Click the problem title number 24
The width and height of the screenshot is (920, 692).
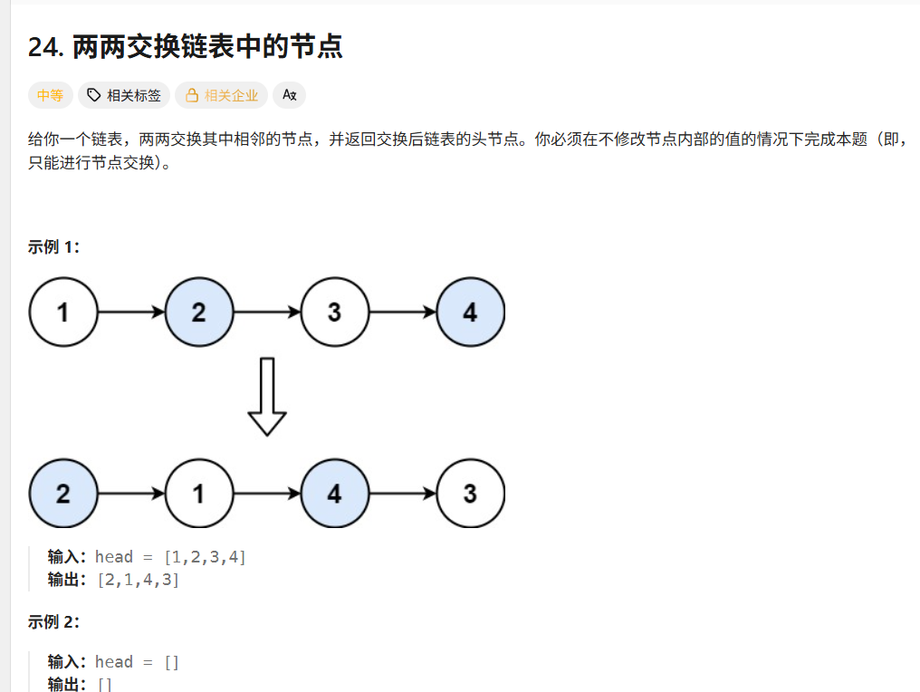pyautogui.click(x=45, y=47)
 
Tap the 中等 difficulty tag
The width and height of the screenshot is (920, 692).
pyautogui.click(x=51, y=95)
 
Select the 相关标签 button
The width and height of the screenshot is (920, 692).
pyautogui.click(x=124, y=95)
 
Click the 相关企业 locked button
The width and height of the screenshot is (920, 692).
pyautogui.click(x=222, y=95)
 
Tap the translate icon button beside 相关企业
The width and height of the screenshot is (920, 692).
pyautogui.click(x=289, y=95)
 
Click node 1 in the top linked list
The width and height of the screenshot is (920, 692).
pyautogui.click(x=63, y=312)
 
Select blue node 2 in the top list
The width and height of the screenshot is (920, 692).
pyautogui.click(x=199, y=312)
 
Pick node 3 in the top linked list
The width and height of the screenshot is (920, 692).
pyautogui.click(x=335, y=312)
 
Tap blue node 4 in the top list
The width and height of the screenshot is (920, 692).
pyautogui.click(x=470, y=312)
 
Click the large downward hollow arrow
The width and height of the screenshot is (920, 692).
pyautogui.click(x=267, y=397)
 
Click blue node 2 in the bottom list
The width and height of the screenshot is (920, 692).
pyautogui.click(x=63, y=494)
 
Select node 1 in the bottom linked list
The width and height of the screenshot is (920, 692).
pyautogui.click(x=199, y=494)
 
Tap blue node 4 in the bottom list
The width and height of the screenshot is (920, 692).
pyautogui.click(x=335, y=494)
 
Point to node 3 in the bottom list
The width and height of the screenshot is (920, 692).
pyautogui.click(x=470, y=494)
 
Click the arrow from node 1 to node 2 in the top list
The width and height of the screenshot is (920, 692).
pyautogui.click(x=131, y=312)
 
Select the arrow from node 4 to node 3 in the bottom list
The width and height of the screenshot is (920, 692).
pyautogui.click(x=403, y=494)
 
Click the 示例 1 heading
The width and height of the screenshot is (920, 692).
pyautogui.click(x=54, y=247)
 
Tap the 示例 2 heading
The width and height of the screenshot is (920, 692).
pyautogui.click(x=54, y=622)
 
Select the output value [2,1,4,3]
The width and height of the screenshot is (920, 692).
pyautogui.click(x=139, y=580)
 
